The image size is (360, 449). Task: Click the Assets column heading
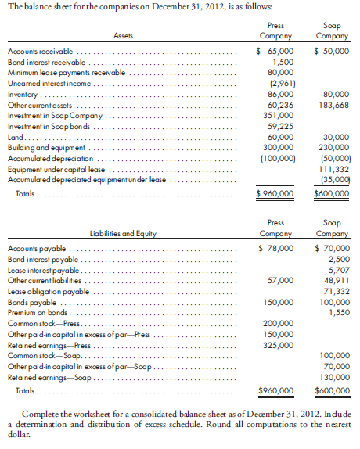[x=123, y=36]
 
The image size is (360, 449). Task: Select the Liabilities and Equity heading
[x=124, y=233]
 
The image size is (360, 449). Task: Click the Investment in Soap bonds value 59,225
[x=280, y=124]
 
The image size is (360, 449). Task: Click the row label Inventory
[x=22, y=92]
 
